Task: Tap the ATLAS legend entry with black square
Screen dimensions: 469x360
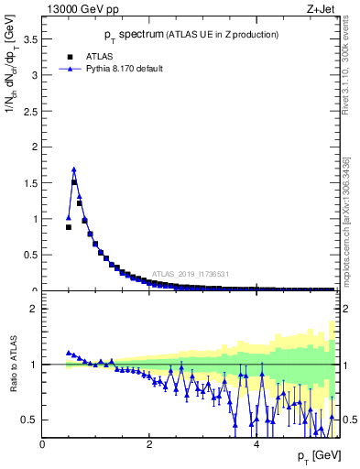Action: pyautogui.click(x=92, y=55)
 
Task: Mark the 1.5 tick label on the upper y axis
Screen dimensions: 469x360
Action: pyautogui.click(x=31, y=183)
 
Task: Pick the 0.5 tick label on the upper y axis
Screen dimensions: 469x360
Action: pyautogui.click(x=31, y=255)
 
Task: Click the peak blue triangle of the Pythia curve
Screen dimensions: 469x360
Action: pyautogui.click(x=74, y=169)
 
